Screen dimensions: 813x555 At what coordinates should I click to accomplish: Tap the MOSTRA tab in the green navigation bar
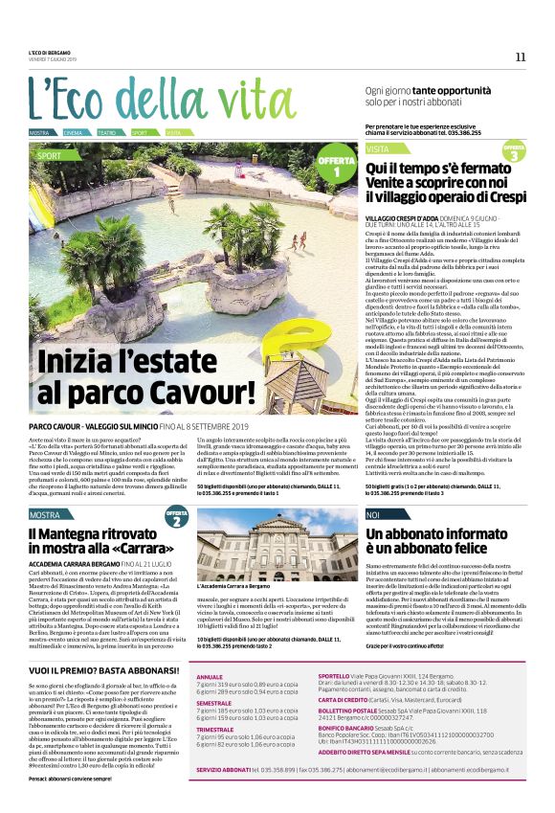(39, 132)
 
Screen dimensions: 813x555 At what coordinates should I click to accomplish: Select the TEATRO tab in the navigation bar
(106, 132)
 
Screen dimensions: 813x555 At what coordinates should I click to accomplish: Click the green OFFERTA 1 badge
(336, 165)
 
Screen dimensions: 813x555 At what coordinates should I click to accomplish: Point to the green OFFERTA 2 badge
(176, 519)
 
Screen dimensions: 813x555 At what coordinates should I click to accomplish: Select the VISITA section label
(377, 150)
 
